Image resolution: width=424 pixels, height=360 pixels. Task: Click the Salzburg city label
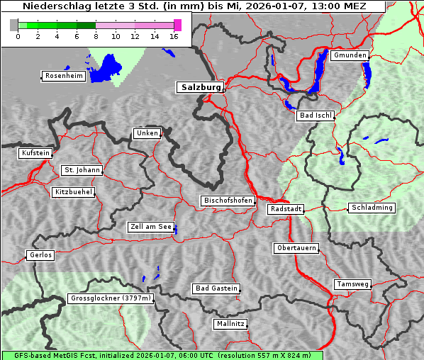tap(200, 87)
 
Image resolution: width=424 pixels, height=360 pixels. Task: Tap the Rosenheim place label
tap(62, 76)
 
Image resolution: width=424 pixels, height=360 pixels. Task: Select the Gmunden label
tap(350, 55)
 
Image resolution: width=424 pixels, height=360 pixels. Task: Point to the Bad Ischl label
tap(316, 116)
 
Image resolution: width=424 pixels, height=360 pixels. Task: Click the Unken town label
tap(147, 133)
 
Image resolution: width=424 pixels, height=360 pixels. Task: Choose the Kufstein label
tap(35, 153)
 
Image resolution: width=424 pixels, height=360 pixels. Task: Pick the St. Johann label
tap(82, 170)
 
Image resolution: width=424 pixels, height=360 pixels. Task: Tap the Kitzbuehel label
tap(74, 192)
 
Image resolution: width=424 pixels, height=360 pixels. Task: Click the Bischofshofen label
tap(228, 201)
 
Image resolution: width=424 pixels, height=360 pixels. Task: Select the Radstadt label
tap(286, 209)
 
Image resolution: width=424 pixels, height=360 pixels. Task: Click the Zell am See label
tap(151, 227)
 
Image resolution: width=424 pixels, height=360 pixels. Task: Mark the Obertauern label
tap(296, 248)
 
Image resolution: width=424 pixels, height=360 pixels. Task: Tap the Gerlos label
tap(40, 255)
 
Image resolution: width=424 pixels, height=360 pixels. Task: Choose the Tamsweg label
tap(352, 284)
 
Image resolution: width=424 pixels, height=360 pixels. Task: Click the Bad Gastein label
tap(216, 288)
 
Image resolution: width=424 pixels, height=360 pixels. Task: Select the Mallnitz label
tap(230, 324)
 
